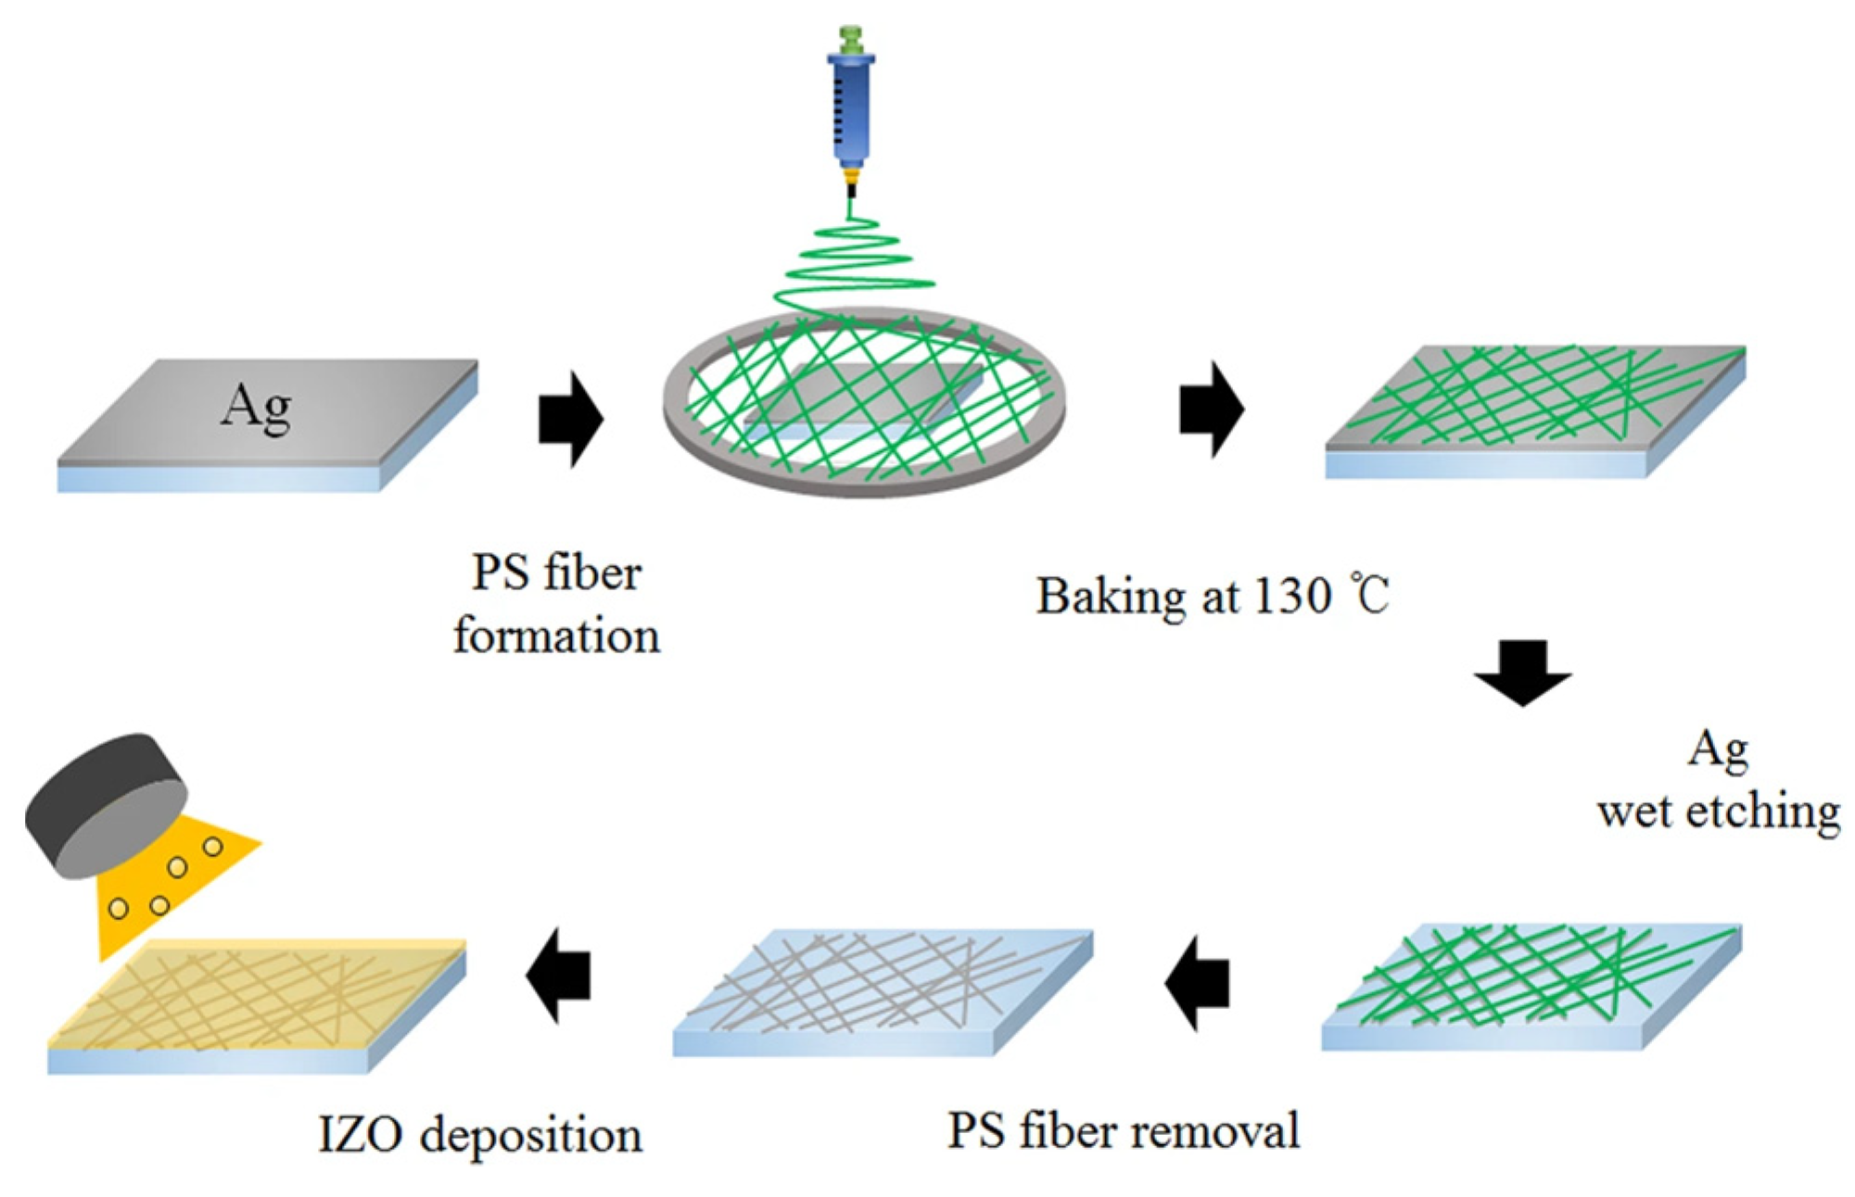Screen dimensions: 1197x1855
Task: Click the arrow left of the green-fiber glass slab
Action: (1197, 983)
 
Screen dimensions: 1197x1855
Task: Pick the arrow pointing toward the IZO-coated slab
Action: (559, 975)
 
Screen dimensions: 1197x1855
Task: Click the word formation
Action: (556, 637)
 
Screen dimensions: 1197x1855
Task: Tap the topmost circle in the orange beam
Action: (212, 847)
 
